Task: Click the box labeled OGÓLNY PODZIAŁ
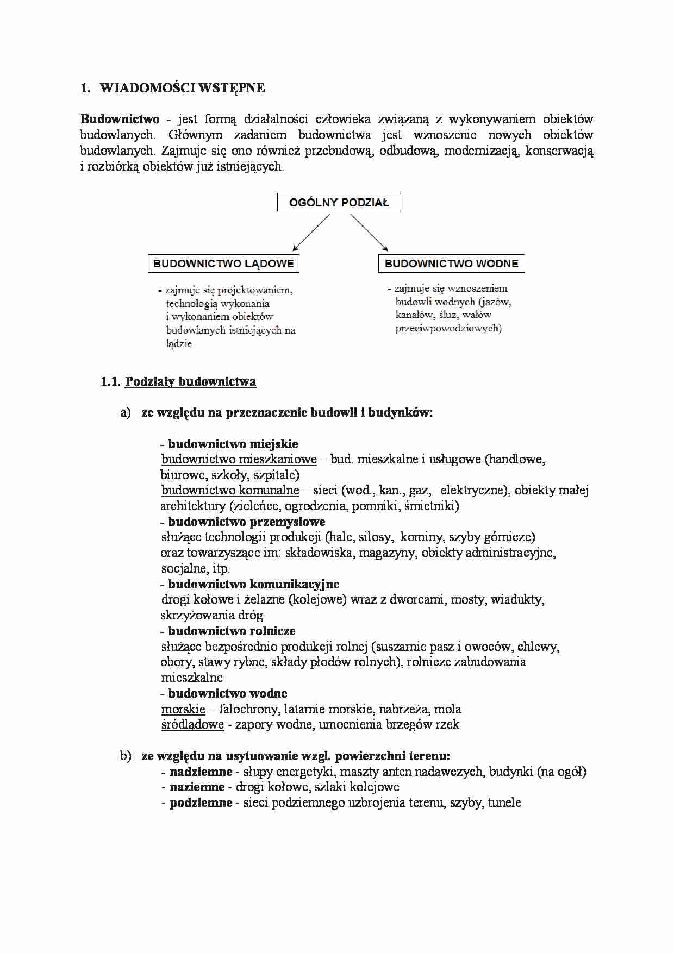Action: (339, 203)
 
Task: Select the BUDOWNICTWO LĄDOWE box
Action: (223, 264)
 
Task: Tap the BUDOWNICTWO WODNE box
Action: (451, 264)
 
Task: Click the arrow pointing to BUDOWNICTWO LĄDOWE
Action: (311, 233)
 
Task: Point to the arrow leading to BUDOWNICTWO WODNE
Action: (369, 232)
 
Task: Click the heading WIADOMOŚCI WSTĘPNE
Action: (182, 88)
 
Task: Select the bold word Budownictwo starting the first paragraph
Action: (120, 119)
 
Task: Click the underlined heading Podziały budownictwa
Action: (190, 381)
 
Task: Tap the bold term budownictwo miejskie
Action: (233, 444)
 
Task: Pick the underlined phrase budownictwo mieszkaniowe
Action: (239, 459)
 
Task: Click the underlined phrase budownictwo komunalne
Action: (230, 490)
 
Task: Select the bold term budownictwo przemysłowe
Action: (246, 522)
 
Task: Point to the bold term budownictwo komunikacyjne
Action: (253, 584)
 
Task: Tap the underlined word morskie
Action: (183, 709)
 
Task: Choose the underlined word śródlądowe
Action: (192, 724)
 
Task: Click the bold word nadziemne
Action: (201, 772)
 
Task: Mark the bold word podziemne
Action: (201, 802)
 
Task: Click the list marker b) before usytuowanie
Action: (126, 756)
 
